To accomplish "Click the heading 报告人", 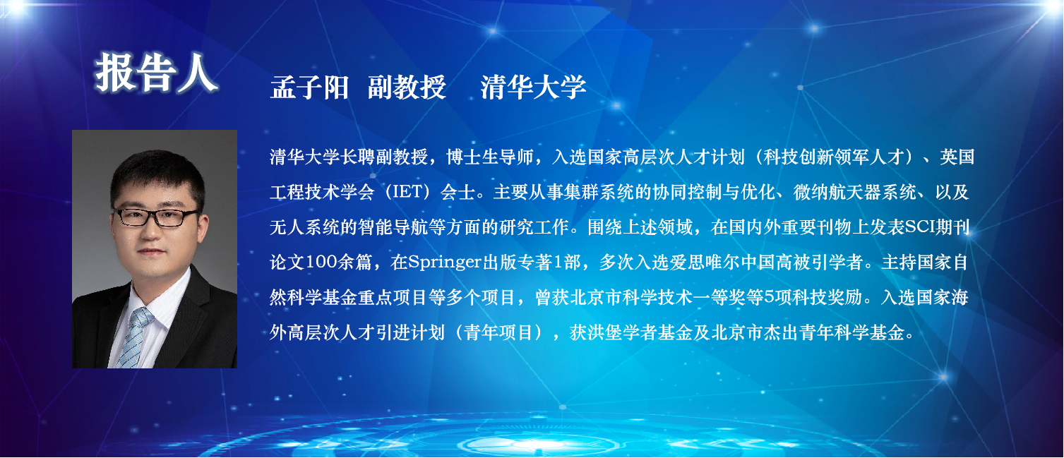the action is (157, 73).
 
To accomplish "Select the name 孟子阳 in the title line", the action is (310, 88).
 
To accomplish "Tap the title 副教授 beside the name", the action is (407, 88).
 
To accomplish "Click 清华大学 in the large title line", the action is (534, 88).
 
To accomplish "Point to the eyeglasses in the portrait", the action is (156, 217).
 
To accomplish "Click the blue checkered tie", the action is (134, 337).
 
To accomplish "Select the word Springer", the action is (445, 263).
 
